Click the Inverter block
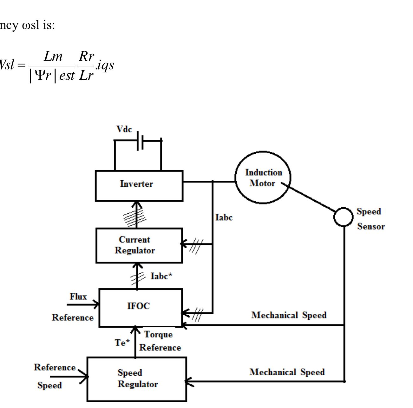click(x=139, y=186)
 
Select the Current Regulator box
click(x=139, y=245)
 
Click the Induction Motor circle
click(x=263, y=177)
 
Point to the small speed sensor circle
click(x=343, y=217)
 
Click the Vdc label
click(x=124, y=129)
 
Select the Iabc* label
click(x=161, y=276)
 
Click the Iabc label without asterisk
click(x=224, y=217)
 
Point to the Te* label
click(x=122, y=343)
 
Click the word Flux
click(x=78, y=297)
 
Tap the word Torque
click(x=158, y=334)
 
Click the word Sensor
click(x=371, y=226)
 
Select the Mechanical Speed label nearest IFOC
click(x=289, y=315)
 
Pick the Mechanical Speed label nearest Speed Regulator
click(x=287, y=372)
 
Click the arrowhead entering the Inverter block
click(x=136, y=204)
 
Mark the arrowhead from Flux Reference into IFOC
click(x=96, y=304)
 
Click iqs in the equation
click(x=105, y=65)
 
